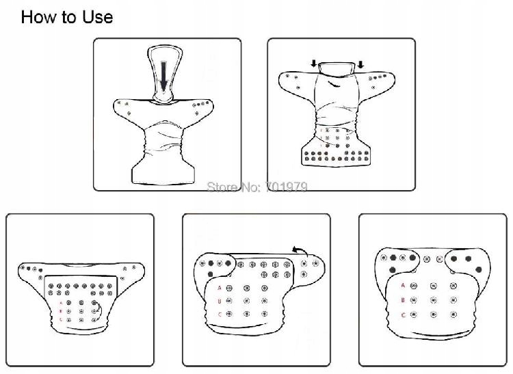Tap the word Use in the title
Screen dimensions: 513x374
98,17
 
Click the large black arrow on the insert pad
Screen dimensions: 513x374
164,76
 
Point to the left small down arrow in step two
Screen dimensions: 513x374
314,64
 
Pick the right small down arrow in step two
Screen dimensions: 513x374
360,64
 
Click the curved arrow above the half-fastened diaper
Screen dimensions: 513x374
300,251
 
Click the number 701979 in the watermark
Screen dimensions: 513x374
287,187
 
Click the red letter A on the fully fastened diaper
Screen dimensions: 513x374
403,285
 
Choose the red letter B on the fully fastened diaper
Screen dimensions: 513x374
403,300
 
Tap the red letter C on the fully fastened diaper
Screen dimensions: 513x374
403,315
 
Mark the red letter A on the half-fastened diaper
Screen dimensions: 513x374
220,288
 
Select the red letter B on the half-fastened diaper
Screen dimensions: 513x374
220,301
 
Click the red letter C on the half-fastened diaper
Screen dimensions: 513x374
220,315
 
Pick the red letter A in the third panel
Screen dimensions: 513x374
60,303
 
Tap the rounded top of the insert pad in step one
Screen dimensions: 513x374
163,49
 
